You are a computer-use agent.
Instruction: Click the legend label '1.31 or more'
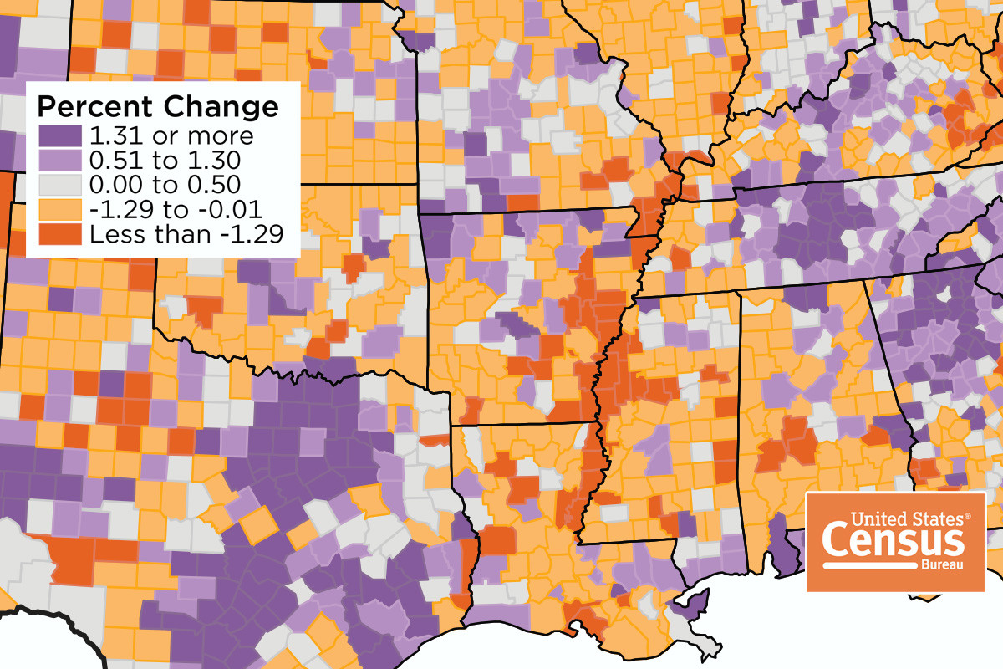click(x=171, y=135)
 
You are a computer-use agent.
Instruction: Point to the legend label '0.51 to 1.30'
click(x=165, y=160)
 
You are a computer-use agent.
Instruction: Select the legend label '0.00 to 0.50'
click(x=165, y=185)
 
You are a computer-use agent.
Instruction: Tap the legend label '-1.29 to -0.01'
click(x=176, y=209)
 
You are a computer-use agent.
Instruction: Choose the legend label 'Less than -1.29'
click(x=183, y=234)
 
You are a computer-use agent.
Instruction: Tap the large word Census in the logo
click(x=894, y=540)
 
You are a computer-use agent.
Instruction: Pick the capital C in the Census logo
click(x=836, y=540)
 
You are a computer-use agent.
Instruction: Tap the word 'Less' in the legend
click(x=112, y=234)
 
